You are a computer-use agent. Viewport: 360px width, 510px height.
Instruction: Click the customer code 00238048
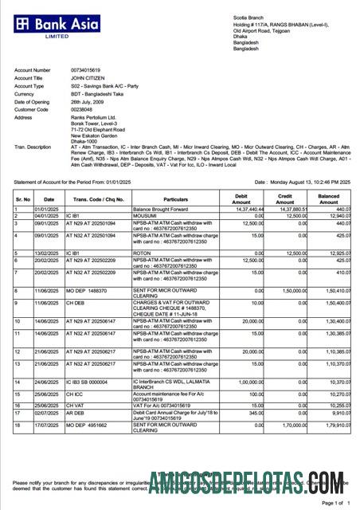(x=84, y=109)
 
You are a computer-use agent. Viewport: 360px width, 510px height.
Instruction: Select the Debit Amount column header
(x=241, y=198)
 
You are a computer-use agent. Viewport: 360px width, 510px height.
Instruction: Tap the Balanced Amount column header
(x=328, y=198)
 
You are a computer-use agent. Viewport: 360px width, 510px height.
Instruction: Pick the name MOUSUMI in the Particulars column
(x=145, y=215)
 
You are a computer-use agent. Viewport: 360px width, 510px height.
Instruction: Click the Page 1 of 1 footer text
(x=334, y=504)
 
